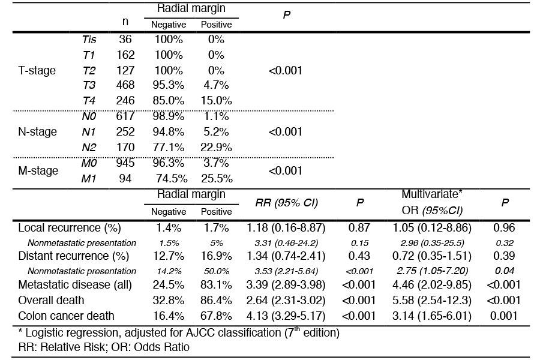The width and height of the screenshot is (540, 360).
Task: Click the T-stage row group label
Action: (x=37, y=71)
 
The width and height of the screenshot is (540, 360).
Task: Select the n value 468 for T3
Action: (x=125, y=85)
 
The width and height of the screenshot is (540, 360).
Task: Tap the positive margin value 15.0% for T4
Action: (x=216, y=101)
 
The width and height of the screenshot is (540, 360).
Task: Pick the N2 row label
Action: (x=89, y=148)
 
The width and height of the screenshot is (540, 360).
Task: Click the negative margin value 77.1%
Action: (x=169, y=148)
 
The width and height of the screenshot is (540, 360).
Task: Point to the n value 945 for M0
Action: (x=125, y=163)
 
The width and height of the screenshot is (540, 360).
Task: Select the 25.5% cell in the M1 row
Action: (x=217, y=178)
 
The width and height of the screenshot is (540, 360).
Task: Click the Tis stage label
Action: (x=89, y=40)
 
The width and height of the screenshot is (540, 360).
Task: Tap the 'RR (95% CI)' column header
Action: (x=287, y=203)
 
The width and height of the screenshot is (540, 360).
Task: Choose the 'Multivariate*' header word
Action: (x=432, y=194)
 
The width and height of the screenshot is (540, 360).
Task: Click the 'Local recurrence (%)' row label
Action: (x=70, y=228)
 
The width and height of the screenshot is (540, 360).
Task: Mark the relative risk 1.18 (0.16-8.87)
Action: (x=286, y=228)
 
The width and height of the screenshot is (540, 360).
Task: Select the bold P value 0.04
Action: (x=505, y=271)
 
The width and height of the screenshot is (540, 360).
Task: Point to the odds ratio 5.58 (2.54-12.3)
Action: (x=432, y=301)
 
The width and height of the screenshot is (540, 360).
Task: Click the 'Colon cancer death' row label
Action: (x=66, y=316)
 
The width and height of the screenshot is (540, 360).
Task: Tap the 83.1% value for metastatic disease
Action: (x=216, y=285)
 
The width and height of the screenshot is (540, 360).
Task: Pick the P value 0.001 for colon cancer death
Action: (x=504, y=316)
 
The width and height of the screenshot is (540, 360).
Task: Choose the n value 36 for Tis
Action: (x=125, y=40)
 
